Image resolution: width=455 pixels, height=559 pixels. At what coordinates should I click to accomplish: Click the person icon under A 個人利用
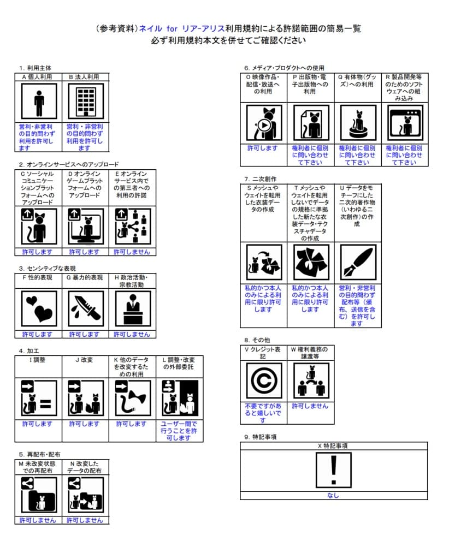pos(39,102)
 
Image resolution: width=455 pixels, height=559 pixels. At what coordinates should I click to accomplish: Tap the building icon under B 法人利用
pos(86,102)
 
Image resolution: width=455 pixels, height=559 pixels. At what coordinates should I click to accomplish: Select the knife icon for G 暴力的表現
pos(86,309)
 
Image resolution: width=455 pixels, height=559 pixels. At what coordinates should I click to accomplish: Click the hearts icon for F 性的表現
pos(39,309)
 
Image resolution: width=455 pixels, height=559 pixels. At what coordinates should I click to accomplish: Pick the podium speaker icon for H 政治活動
pos(133,309)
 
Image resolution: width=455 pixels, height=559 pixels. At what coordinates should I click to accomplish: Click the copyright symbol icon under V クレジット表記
pos(264,380)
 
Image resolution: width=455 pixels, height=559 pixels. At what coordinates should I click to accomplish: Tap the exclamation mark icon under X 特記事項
pos(334,470)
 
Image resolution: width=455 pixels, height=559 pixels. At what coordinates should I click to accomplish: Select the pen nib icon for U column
pos(358,262)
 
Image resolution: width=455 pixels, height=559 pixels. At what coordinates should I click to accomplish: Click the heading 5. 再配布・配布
pos(39,455)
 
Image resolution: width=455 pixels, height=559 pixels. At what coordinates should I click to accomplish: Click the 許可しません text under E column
pos(132,252)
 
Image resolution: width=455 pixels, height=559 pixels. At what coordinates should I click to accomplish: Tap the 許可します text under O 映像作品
pos(263,148)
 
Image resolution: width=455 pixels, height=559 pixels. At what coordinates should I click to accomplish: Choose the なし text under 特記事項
pos(333,496)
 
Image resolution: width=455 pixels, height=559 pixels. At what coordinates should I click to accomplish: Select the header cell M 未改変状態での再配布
pos(38,467)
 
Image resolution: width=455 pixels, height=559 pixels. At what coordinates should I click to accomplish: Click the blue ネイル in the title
pos(150,28)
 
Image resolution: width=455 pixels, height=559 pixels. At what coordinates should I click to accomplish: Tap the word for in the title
pos(172,28)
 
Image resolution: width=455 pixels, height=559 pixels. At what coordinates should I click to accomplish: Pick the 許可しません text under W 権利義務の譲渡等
pos(310,406)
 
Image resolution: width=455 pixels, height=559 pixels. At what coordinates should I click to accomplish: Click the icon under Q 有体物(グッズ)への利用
pos(358,123)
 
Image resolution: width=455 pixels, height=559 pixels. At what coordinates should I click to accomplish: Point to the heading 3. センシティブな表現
pos(48,269)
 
